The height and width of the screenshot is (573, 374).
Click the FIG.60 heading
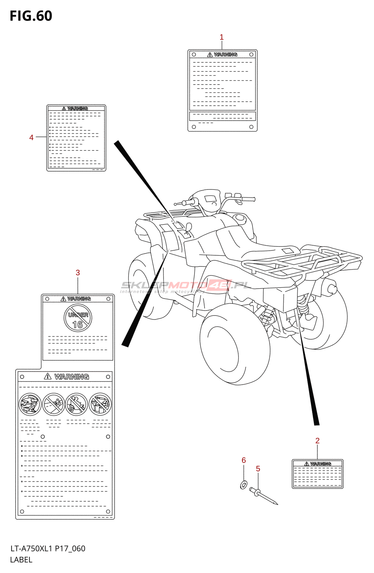click(31, 16)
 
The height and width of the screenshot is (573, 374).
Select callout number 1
click(221, 37)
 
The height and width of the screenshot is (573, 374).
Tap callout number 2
click(317, 441)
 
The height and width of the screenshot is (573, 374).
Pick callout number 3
click(78, 273)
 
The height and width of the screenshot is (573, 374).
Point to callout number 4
click(31, 138)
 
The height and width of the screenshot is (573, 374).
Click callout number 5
click(258, 469)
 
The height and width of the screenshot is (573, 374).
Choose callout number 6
click(244, 460)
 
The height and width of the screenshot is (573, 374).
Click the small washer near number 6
click(244, 485)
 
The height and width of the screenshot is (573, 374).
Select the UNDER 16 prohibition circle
click(78, 318)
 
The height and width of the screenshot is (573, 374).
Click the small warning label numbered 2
click(317, 474)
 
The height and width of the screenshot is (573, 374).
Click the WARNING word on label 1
click(225, 55)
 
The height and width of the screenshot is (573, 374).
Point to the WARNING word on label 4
click(77, 109)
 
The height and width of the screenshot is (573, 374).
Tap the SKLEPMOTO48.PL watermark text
click(184, 285)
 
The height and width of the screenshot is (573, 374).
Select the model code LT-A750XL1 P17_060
click(48, 549)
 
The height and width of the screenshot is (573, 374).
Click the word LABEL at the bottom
click(21, 560)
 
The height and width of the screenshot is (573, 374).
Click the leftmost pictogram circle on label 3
click(30, 404)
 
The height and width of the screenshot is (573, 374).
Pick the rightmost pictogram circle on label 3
click(100, 404)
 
